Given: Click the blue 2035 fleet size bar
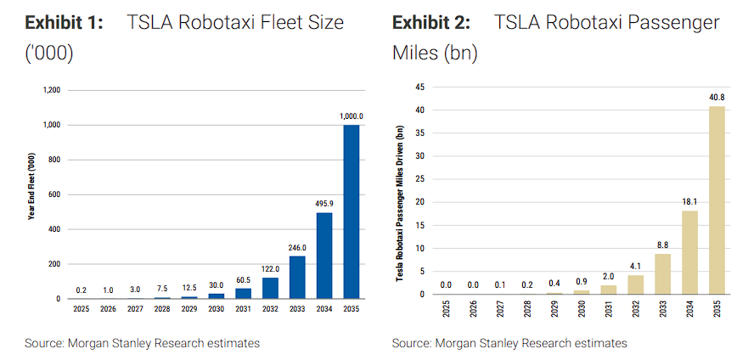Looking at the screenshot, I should coord(351,212).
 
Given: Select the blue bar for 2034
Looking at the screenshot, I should coord(323,256).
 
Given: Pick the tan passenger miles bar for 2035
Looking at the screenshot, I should coord(717,200).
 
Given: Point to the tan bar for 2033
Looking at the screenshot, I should coord(662,273).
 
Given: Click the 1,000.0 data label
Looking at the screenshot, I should coord(351,116).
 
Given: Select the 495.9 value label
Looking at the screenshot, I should coord(323,204).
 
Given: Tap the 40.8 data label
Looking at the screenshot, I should coord(717,97).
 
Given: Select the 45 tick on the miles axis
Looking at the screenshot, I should coord(419,87).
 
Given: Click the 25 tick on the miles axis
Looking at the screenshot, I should coord(419,179).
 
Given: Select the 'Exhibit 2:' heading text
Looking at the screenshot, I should coord(431,22).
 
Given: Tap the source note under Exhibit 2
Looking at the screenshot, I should coord(509,343).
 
